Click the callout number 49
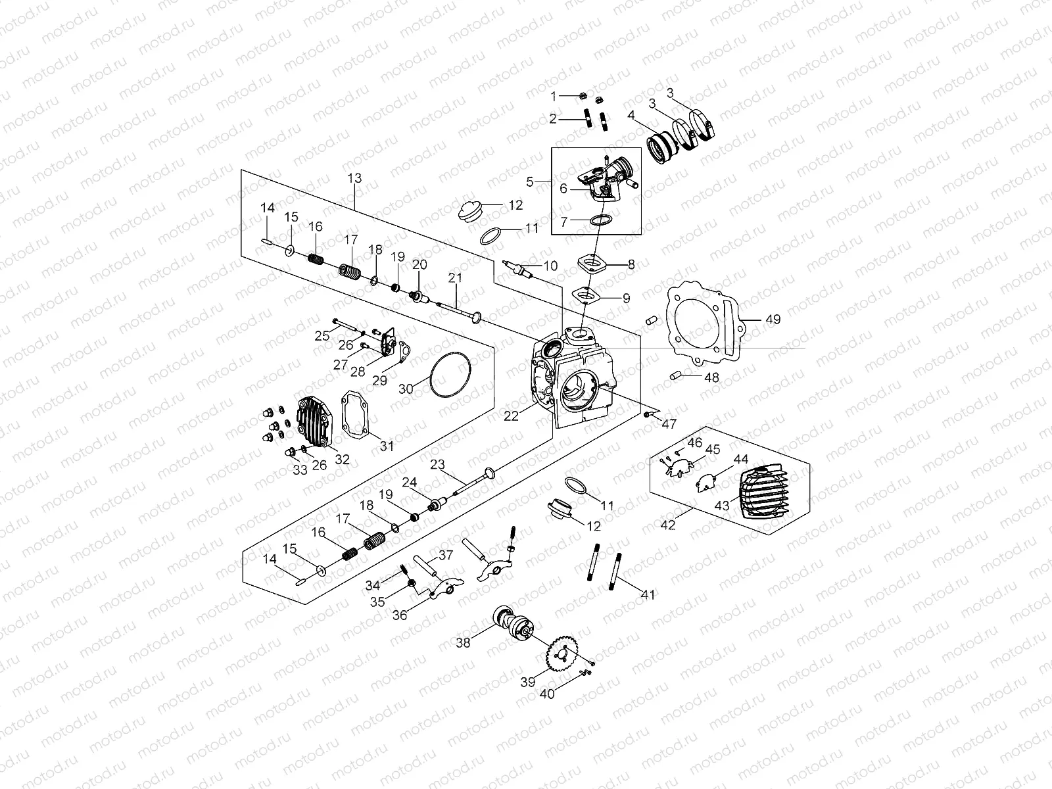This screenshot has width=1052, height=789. tap(773, 320)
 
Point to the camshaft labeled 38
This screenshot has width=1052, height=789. tap(512, 622)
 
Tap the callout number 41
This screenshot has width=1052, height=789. tap(648, 595)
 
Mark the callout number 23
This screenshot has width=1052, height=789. tap(439, 464)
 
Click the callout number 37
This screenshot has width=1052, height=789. tap(446, 555)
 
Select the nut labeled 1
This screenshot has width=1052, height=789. tap(583, 96)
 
